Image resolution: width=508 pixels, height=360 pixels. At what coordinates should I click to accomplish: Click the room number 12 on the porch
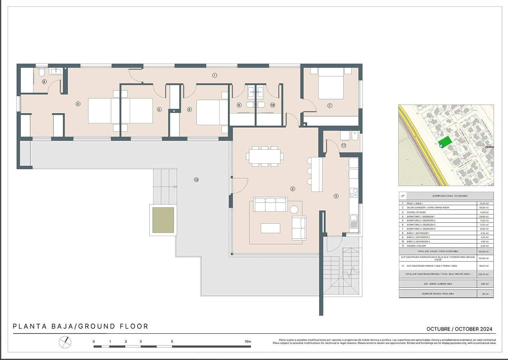(196, 180)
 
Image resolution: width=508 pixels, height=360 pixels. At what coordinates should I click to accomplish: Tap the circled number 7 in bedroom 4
(329, 105)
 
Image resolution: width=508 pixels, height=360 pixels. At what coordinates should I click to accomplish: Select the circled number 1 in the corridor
(214, 75)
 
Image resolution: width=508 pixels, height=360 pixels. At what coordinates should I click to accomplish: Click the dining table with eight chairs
(265, 156)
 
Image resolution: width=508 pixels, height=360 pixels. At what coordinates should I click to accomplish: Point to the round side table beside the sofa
(294, 209)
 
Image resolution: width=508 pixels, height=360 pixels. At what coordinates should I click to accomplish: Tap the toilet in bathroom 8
(41, 72)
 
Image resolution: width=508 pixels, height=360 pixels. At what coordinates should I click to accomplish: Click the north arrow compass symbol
(65, 342)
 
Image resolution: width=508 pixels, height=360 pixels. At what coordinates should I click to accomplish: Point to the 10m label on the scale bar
(247, 341)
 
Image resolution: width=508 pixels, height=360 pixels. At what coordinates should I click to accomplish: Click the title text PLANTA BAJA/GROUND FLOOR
(80, 326)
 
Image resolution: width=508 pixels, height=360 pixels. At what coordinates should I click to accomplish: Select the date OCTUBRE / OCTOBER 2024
(459, 329)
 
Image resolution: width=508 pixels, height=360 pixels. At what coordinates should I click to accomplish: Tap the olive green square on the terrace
(163, 220)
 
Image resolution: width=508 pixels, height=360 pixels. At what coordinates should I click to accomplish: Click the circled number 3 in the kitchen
(336, 196)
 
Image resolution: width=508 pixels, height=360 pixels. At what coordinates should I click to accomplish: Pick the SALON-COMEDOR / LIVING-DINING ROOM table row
(446, 208)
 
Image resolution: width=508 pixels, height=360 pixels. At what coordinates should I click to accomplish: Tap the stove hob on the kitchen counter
(354, 192)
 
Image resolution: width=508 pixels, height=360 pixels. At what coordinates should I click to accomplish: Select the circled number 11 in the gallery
(344, 145)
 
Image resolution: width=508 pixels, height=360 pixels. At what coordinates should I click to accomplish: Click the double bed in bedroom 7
(331, 83)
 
